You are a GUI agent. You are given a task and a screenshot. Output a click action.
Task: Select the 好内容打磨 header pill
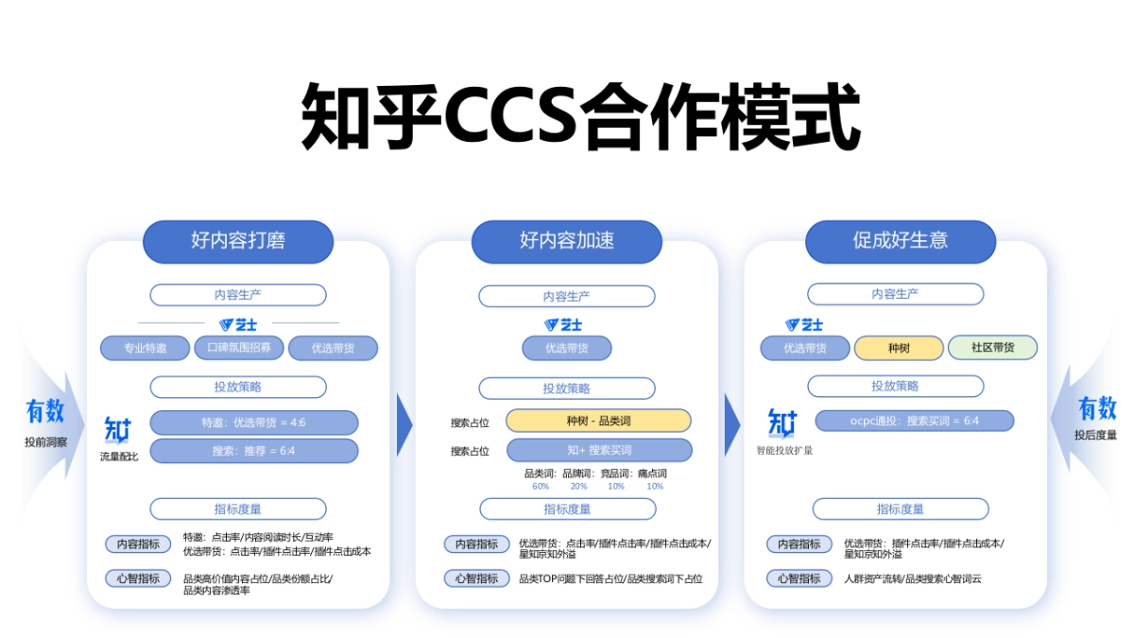[238, 241]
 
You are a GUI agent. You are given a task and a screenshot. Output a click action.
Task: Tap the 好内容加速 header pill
[567, 241]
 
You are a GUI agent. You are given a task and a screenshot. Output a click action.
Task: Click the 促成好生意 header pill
[900, 241]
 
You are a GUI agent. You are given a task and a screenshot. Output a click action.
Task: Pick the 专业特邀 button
[145, 348]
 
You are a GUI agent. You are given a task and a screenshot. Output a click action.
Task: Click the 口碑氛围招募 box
[238, 348]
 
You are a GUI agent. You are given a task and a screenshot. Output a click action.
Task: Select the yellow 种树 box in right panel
[899, 348]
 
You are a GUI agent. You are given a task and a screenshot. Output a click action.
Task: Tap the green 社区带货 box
[992, 348]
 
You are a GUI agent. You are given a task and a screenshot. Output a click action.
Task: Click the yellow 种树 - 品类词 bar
[598, 421]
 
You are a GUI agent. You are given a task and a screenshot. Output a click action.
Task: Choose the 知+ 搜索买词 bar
[598, 450]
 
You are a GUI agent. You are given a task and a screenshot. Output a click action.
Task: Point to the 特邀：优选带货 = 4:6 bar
[253, 422]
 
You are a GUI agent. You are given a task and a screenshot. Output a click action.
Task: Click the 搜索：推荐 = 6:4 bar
[253, 451]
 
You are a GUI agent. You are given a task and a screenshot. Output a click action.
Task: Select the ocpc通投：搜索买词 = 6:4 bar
[914, 421]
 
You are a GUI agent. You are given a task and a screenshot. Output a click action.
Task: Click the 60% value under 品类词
[541, 486]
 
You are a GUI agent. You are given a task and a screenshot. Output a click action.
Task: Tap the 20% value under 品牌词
[578, 486]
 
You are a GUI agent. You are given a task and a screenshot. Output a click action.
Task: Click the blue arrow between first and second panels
[404, 425]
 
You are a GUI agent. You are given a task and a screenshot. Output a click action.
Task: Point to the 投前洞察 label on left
[45, 441]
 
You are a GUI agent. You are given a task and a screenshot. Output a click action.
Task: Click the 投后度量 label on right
[1095, 436]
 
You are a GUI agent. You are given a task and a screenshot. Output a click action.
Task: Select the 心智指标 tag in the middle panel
[476, 578]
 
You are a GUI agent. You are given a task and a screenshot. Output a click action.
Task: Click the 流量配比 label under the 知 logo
[119, 457]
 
